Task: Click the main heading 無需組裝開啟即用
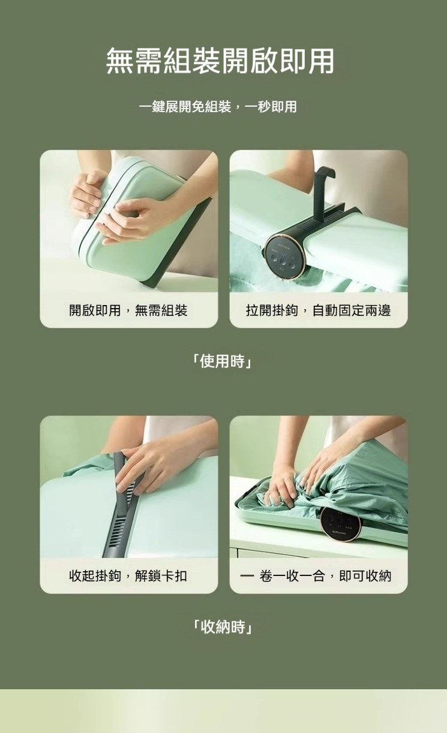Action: [x=220, y=61]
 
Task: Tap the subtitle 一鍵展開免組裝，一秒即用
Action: [x=218, y=107]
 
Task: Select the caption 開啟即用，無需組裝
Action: [x=128, y=310]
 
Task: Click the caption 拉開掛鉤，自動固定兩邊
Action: [x=319, y=310]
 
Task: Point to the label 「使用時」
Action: [x=223, y=361]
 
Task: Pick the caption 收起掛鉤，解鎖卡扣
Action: [x=128, y=576]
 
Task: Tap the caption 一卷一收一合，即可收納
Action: [x=316, y=576]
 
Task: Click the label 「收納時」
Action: [x=223, y=627]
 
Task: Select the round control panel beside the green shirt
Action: [x=341, y=526]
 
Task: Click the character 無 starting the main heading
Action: [x=120, y=61]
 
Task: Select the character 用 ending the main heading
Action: [x=320, y=61]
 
